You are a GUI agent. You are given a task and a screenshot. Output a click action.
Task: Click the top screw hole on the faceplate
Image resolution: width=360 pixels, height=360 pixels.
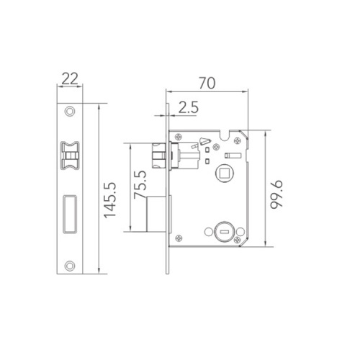click(70, 112)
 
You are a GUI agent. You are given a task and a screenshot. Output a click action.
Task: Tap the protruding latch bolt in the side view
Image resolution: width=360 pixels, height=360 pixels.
click(161, 154)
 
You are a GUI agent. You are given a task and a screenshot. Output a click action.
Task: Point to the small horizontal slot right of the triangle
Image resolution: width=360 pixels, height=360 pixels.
click(233, 156)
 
